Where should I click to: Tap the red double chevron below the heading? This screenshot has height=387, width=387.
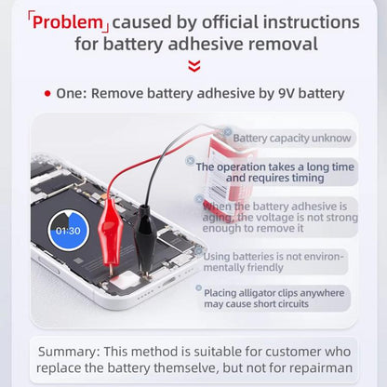pos(193,65)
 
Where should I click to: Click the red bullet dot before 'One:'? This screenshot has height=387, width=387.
pos(47,93)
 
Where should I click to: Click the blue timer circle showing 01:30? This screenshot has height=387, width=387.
pos(67,230)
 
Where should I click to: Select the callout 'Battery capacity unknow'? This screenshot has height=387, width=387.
pos(291,139)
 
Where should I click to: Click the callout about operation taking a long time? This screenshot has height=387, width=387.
pos(275,172)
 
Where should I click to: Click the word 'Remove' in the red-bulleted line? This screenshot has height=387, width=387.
pos(119,93)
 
